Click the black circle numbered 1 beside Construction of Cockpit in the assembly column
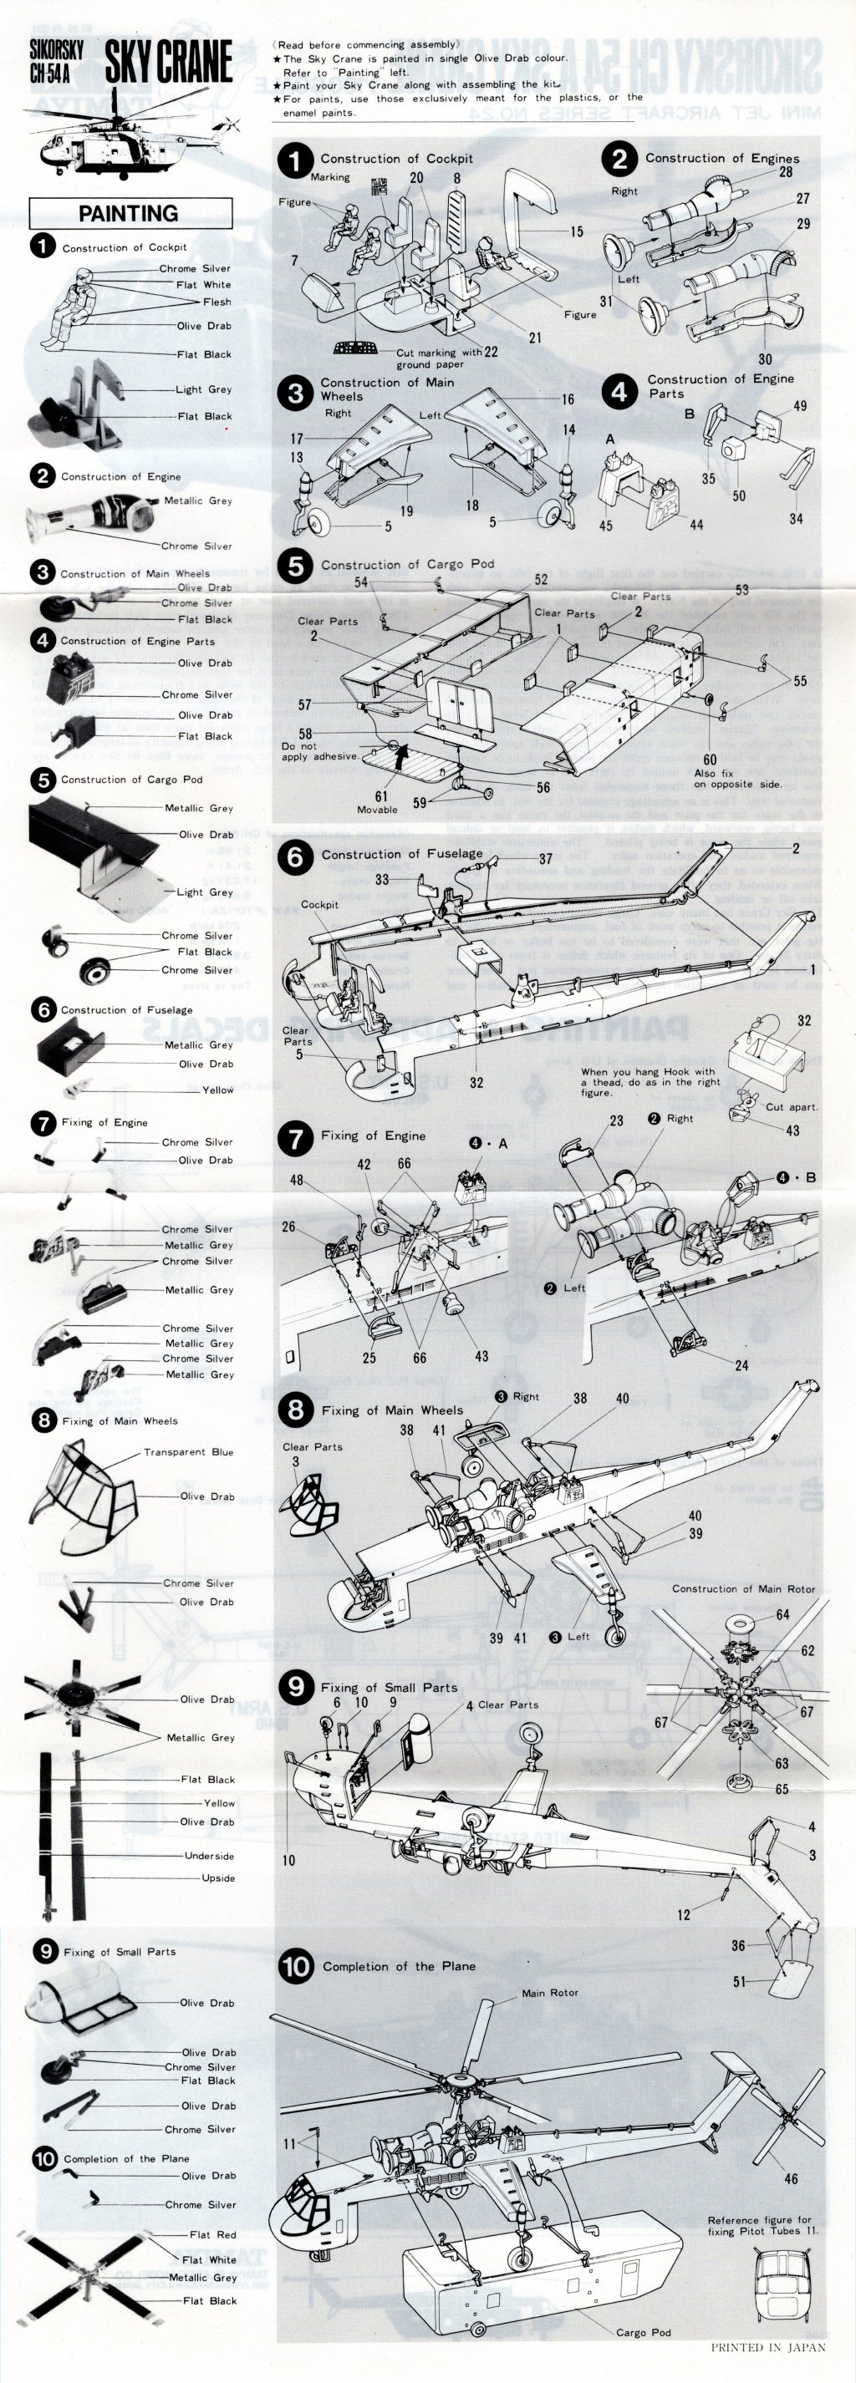pos(295,161)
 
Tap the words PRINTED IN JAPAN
pos(767,2365)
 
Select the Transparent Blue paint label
pos(188,1451)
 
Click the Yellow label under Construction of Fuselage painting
pos(218,1090)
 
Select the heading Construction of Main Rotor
pos(743,1588)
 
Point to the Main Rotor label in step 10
pos(550,1993)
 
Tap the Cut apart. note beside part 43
pos(792,1106)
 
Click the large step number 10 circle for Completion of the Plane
pos(295,1967)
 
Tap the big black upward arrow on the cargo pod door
pos(401,758)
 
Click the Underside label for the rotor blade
pos(209,1856)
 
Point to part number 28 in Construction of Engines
pos(785,172)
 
